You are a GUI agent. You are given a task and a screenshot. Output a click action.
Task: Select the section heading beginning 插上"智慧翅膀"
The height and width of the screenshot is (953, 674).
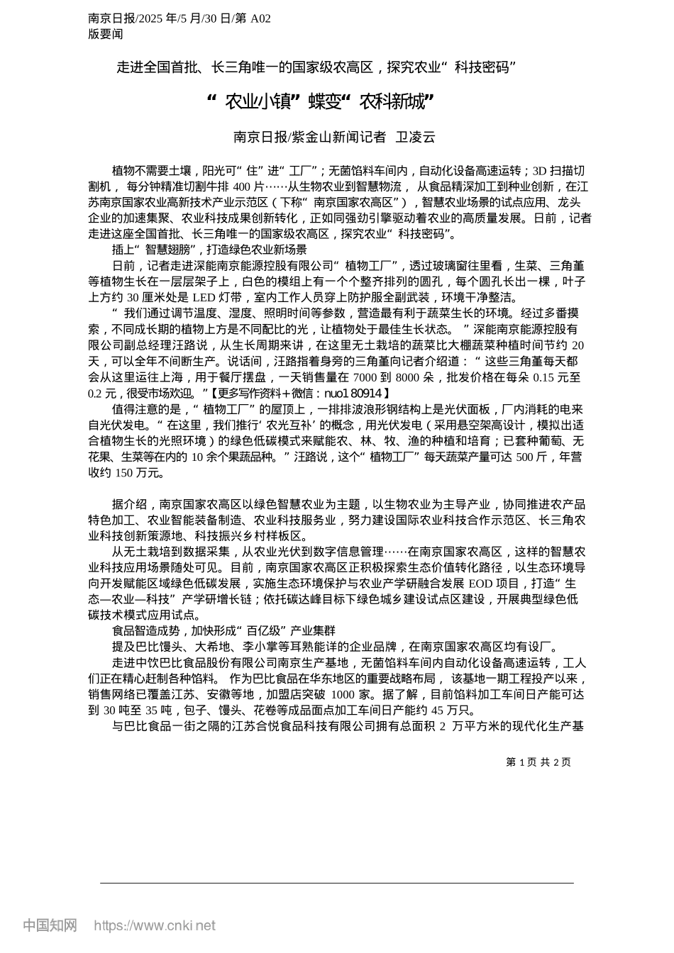pos(209,250)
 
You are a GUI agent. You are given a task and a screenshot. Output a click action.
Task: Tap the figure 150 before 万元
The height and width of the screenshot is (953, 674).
pos(125,472)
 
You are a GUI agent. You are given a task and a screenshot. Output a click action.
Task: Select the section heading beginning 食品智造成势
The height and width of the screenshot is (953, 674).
pos(223,630)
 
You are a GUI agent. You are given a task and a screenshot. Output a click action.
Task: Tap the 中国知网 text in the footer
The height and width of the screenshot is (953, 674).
pos(50,925)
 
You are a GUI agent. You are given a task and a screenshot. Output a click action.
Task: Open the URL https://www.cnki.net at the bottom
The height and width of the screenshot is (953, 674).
pos(155,925)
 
